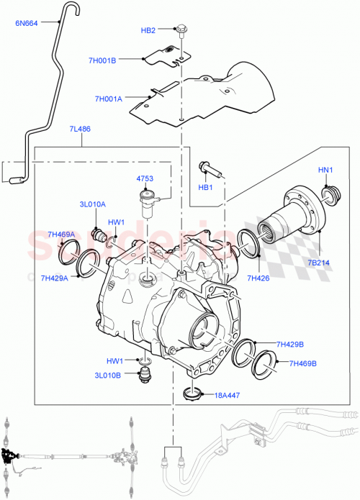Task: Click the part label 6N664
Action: tap(27, 22)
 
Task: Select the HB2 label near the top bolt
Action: tap(148, 30)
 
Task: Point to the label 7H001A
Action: tap(108, 99)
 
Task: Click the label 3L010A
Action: tap(92, 204)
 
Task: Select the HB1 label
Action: tap(206, 188)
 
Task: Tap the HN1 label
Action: tap(326, 170)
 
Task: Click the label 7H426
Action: tap(258, 277)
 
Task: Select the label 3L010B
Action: tap(108, 374)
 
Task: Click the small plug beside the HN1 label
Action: tap(332, 193)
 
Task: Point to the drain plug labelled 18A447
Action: tap(192, 394)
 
